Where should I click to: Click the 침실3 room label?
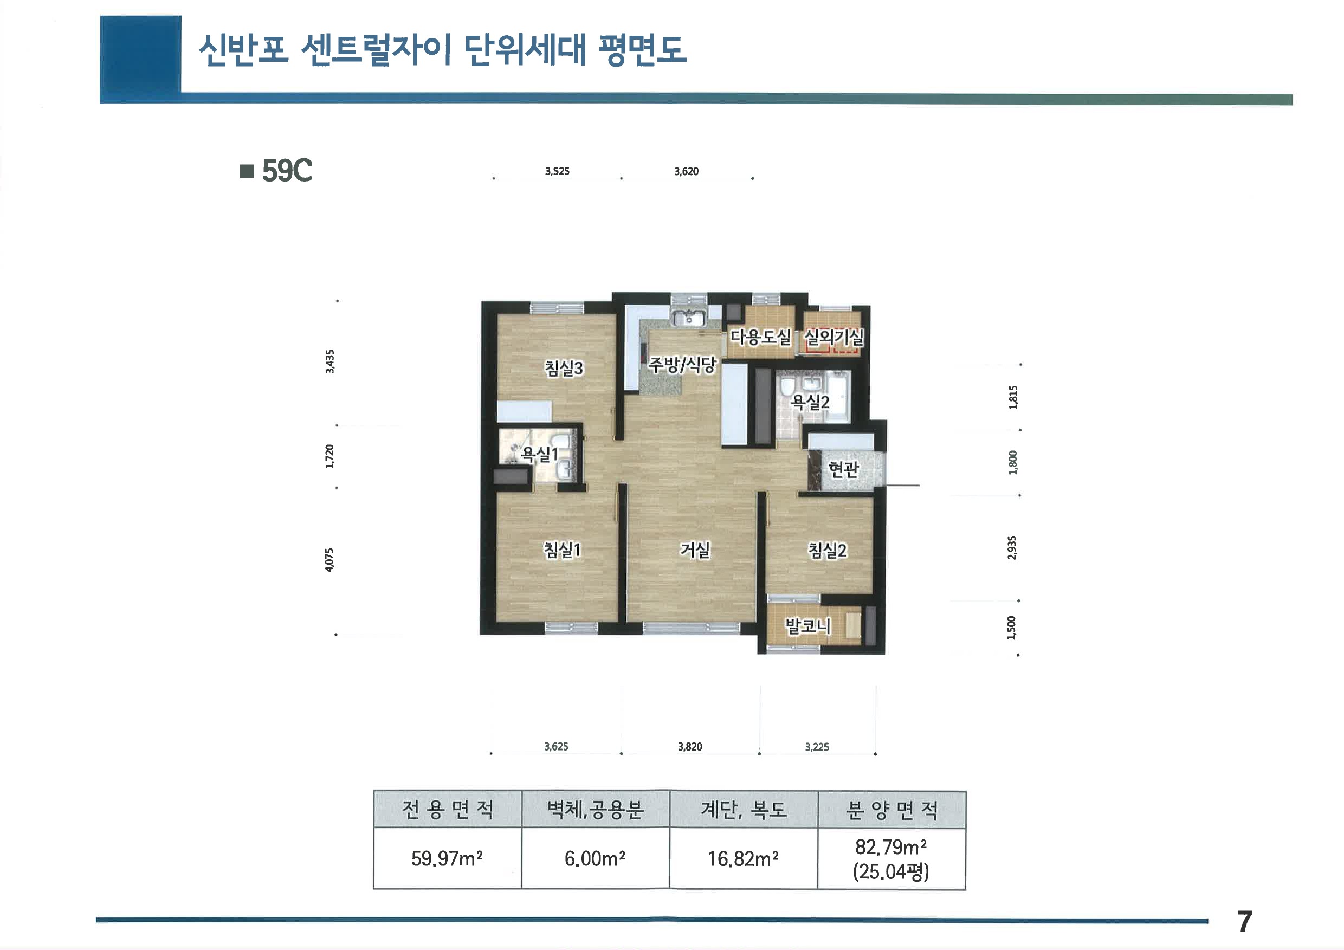(x=564, y=368)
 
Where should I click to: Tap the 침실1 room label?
(x=562, y=550)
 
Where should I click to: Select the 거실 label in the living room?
(x=695, y=550)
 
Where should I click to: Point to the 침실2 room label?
(x=827, y=550)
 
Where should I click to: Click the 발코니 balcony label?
(x=807, y=626)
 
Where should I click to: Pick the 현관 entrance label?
(x=843, y=469)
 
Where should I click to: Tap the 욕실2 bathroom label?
(x=810, y=402)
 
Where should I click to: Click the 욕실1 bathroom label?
(x=540, y=454)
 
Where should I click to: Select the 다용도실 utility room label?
(x=760, y=337)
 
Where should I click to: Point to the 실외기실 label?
(x=834, y=337)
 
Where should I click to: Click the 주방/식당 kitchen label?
(x=682, y=365)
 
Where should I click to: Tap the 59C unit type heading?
(x=286, y=171)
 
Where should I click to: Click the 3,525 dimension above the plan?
(x=557, y=171)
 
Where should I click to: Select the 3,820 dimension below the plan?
(x=689, y=746)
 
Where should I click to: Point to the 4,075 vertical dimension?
(x=329, y=560)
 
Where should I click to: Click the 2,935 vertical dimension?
(x=1012, y=547)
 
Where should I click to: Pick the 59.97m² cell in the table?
(x=447, y=859)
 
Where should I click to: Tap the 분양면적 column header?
(x=891, y=810)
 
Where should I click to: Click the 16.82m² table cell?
(x=743, y=859)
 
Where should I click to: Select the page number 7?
(x=1244, y=922)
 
